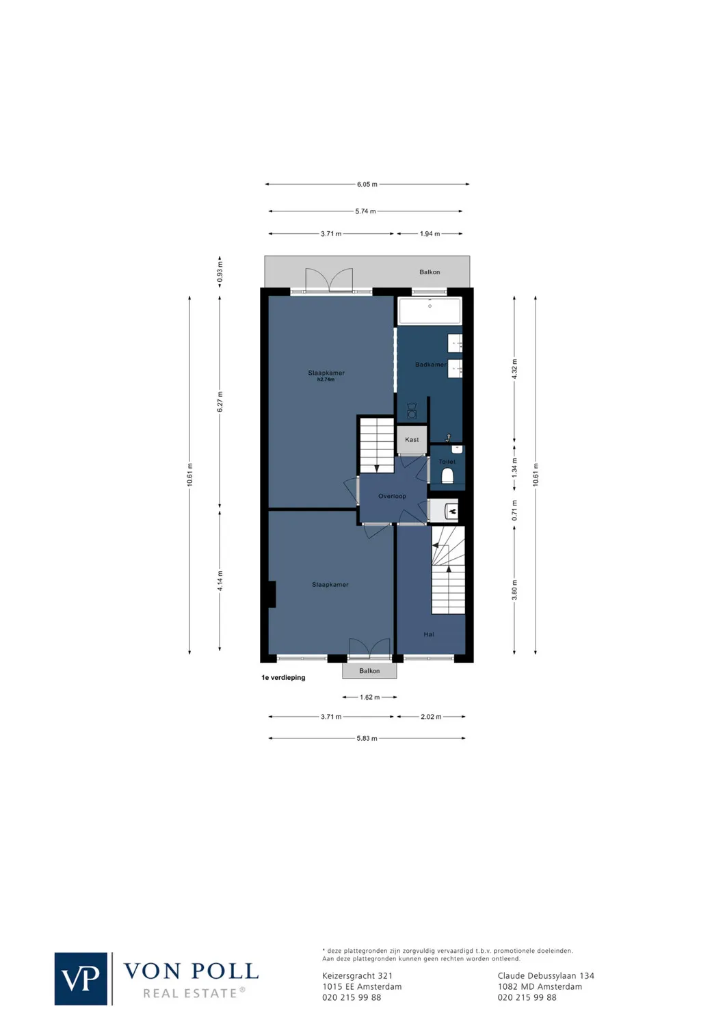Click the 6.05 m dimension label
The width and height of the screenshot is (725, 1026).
pyautogui.click(x=367, y=185)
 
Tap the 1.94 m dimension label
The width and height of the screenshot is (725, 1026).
pyautogui.click(x=430, y=234)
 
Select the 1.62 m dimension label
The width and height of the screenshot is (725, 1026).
pyautogui.click(x=369, y=698)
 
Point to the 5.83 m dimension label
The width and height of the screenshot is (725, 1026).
pyautogui.click(x=367, y=739)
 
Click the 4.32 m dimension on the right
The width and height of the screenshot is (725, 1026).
pyautogui.click(x=514, y=369)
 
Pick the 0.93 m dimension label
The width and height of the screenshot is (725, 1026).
pyautogui.click(x=220, y=272)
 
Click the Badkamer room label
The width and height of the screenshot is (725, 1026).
pyautogui.click(x=430, y=365)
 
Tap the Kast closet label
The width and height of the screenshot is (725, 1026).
pyautogui.click(x=412, y=440)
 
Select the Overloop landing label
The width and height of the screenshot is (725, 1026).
pyautogui.click(x=392, y=496)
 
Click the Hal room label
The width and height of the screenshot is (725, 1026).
pyautogui.click(x=429, y=635)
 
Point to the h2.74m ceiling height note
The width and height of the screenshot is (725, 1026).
pyautogui.click(x=326, y=380)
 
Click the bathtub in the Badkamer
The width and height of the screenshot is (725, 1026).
pyautogui.click(x=430, y=311)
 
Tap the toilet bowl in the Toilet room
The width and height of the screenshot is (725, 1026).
pyautogui.click(x=447, y=475)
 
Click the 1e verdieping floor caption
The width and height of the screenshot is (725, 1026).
pyautogui.click(x=283, y=678)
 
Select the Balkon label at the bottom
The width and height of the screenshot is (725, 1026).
pyautogui.click(x=369, y=671)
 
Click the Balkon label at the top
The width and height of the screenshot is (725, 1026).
pyautogui.click(x=430, y=272)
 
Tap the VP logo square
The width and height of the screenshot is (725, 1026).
pyautogui.click(x=81, y=979)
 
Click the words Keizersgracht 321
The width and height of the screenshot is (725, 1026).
pyautogui.click(x=357, y=976)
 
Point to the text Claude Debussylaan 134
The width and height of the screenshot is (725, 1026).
pyautogui.click(x=546, y=976)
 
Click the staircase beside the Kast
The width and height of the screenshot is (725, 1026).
pyautogui.click(x=376, y=445)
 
